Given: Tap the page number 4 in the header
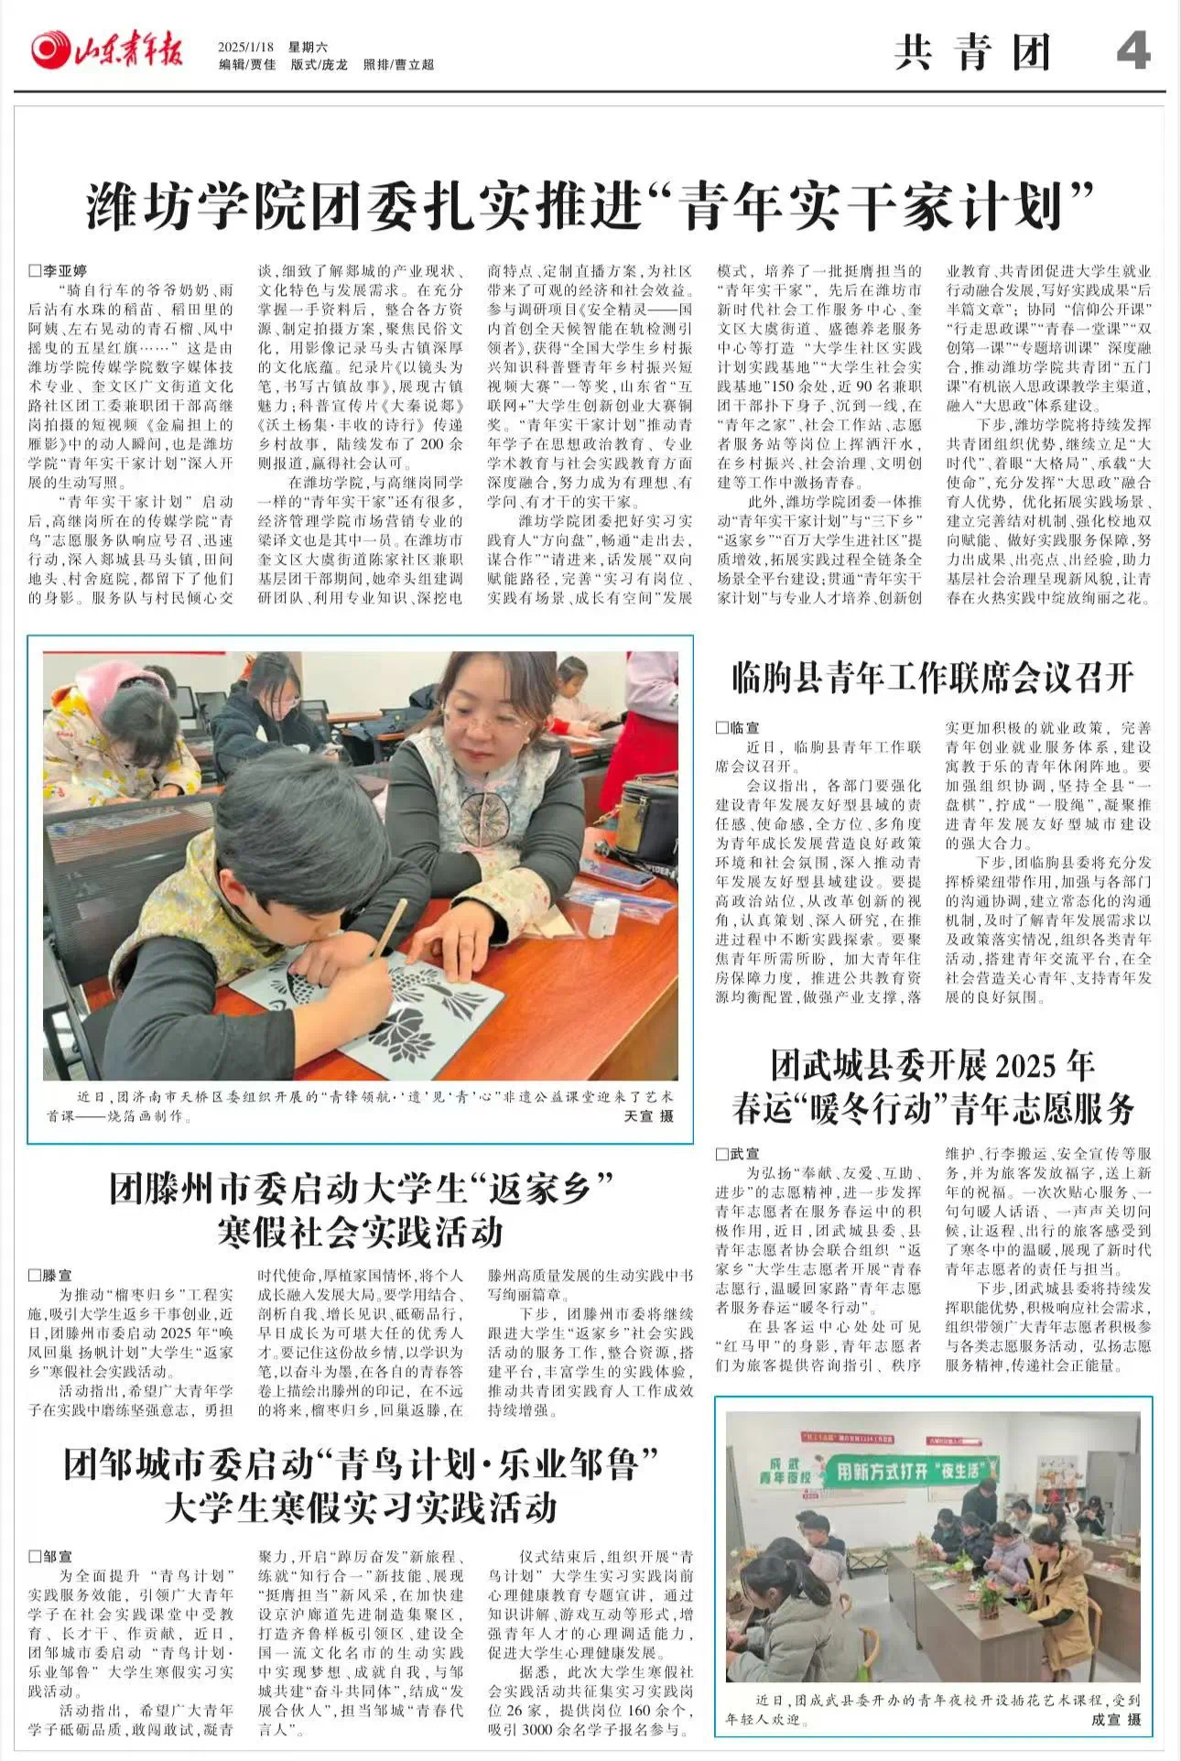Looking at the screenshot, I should [1132, 51].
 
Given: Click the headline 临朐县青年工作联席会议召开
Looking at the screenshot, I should [933, 678].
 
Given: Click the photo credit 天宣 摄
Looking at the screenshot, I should [648, 1115].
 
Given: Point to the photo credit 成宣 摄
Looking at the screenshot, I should [1115, 1720].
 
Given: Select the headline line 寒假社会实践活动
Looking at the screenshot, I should [360, 1232].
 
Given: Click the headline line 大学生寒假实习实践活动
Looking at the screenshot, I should [360, 1506].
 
